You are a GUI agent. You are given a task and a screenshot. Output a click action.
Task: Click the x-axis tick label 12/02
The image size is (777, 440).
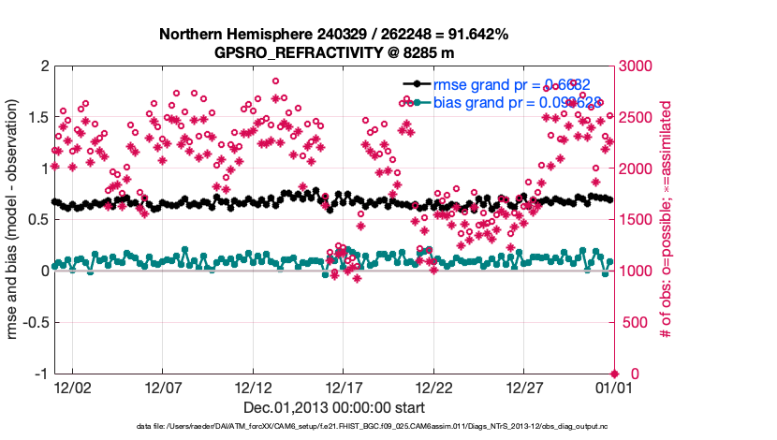pyautogui.click(x=72, y=387)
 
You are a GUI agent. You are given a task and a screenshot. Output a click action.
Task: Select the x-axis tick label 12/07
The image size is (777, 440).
pyautogui.click(x=163, y=387)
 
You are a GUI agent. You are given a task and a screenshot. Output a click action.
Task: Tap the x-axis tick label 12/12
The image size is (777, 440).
pyautogui.click(x=254, y=387)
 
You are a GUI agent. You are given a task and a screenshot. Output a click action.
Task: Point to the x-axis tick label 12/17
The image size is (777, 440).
pyautogui.click(x=344, y=387)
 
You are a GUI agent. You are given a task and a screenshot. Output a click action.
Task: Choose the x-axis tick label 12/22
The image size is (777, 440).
pyautogui.click(x=434, y=387)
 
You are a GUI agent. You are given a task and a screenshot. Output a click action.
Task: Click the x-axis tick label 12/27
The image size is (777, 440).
pyautogui.click(x=525, y=387)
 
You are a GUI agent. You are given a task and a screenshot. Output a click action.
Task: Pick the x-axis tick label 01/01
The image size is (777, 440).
pyautogui.click(x=613, y=387)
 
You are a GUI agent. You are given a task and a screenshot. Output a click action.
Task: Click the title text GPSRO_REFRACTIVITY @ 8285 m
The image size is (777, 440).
pyautogui.click(x=333, y=52)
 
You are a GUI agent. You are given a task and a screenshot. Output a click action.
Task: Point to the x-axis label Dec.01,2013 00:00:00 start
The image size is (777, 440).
pyautogui.click(x=334, y=407)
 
